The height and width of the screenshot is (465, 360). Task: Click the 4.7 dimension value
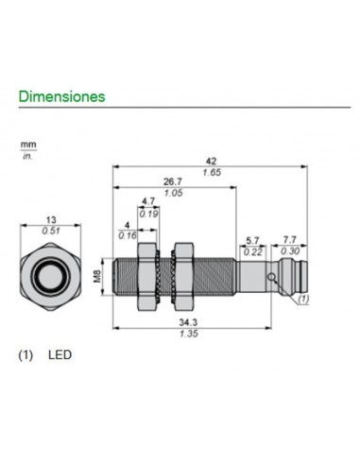pos(148,201)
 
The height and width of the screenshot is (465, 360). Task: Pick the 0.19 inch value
pos(148,214)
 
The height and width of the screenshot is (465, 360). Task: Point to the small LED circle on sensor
pos(271,278)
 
